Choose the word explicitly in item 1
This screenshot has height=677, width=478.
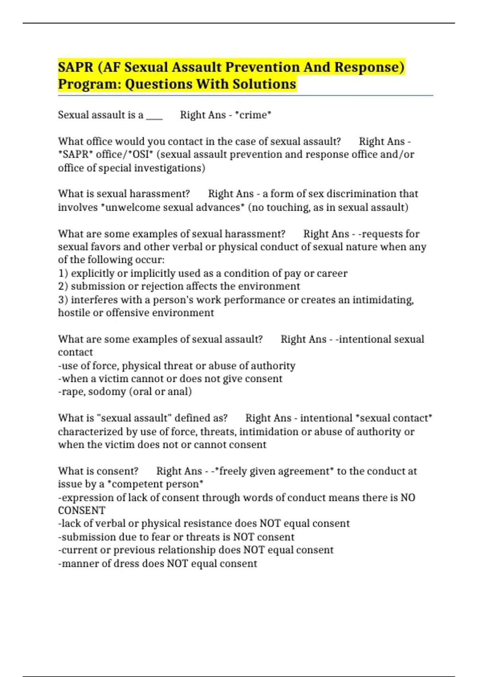92,273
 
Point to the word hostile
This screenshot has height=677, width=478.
74,313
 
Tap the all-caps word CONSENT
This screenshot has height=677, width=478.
82,511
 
